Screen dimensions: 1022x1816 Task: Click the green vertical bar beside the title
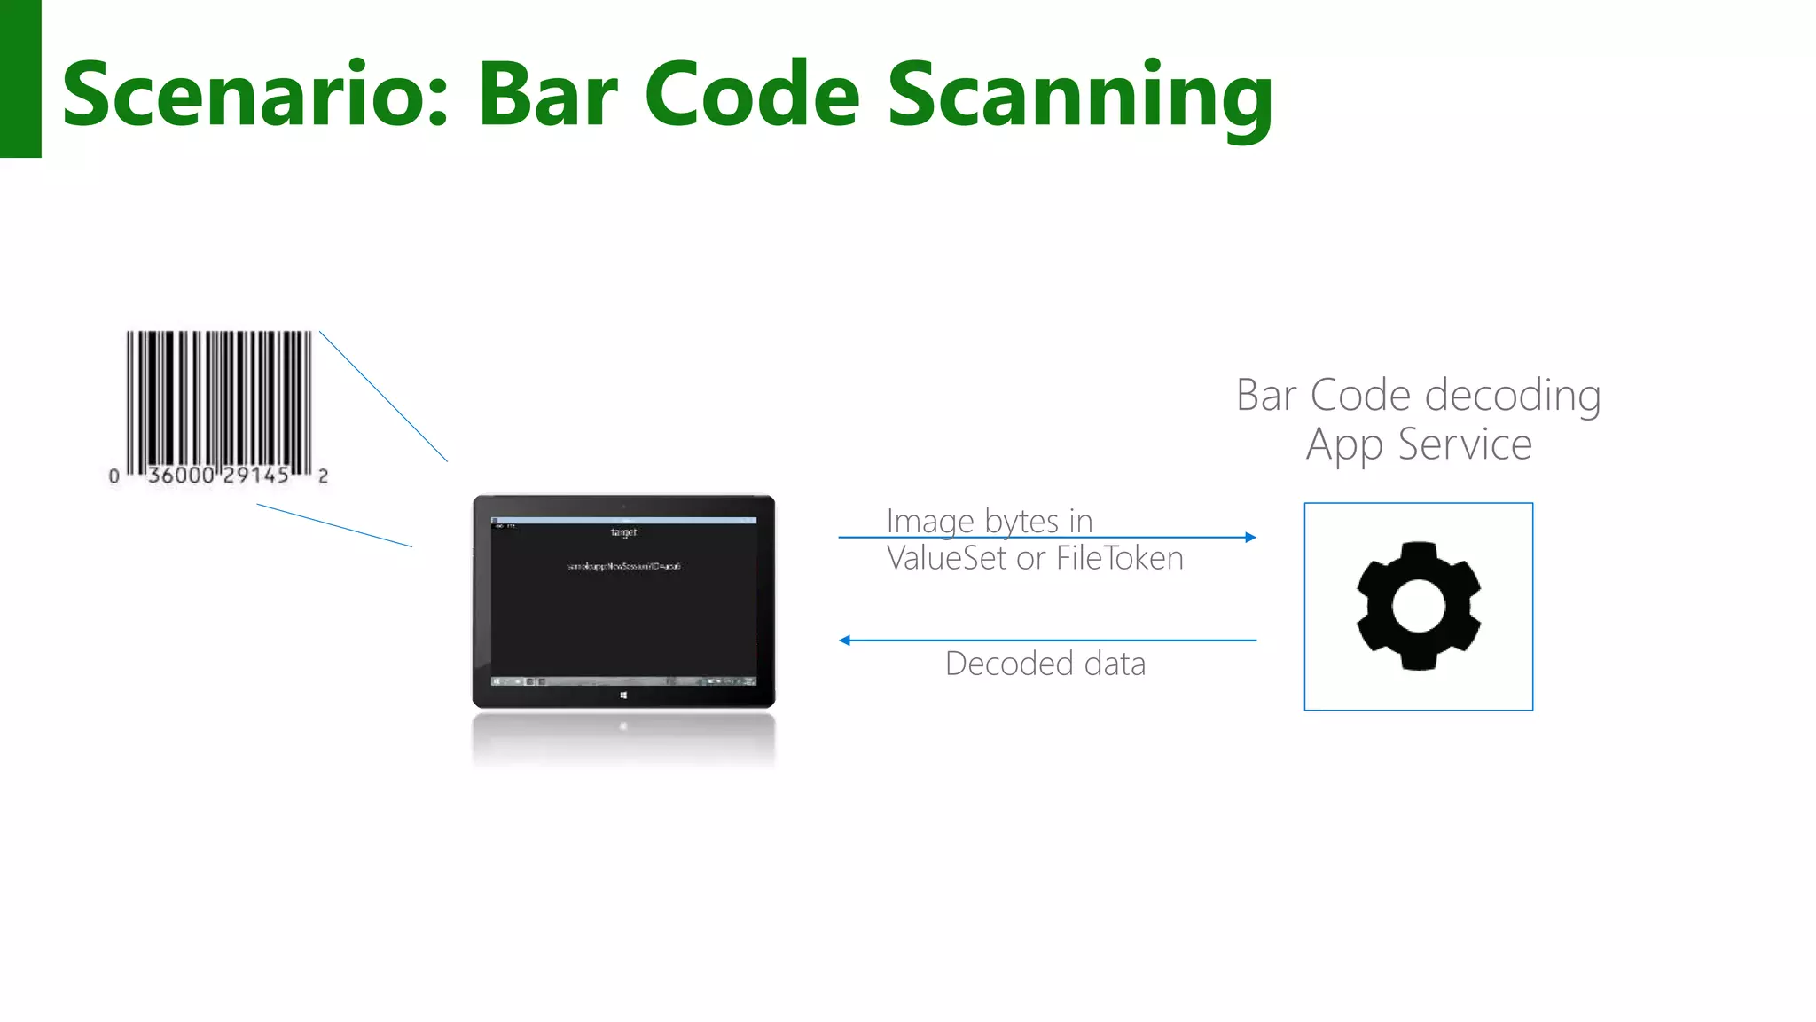[x=20, y=79]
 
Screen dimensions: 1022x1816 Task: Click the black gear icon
[x=1418, y=607]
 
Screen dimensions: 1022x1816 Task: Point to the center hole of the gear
[x=1418, y=606]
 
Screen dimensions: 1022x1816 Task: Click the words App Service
[x=1418, y=444]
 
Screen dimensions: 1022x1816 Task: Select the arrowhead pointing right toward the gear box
[x=1250, y=537]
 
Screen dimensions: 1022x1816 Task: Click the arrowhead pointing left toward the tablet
[x=845, y=640]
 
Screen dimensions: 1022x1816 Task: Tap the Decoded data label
[x=1045, y=664]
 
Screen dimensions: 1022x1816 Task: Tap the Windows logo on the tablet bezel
[x=623, y=696]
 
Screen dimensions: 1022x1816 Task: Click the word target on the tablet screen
[x=623, y=532]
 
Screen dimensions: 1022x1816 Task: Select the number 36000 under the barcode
[x=181, y=476]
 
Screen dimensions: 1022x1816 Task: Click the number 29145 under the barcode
[x=256, y=476]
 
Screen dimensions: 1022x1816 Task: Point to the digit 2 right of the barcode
[x=323, y=476]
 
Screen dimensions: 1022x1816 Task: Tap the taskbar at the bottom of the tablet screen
[x=623, y=681]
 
